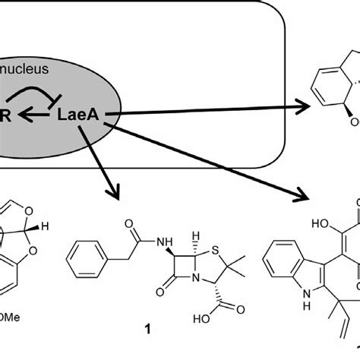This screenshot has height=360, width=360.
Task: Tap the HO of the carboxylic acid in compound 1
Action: click(202, 331)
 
